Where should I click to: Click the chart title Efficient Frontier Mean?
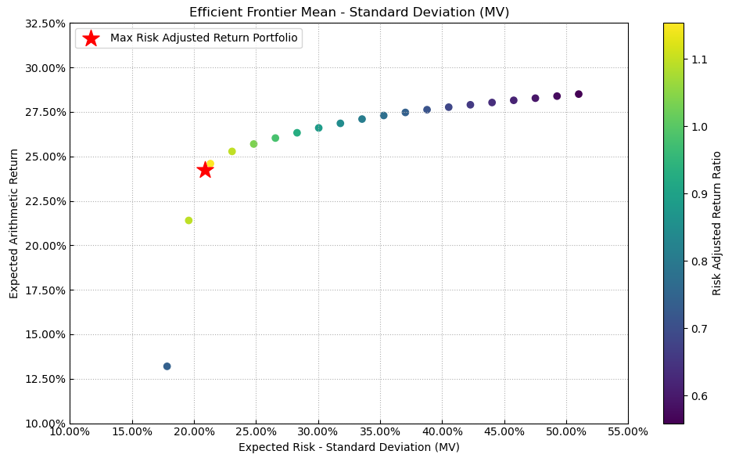pos(349,12)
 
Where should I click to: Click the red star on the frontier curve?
pos(205,170)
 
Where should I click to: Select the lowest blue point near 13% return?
pos(167,366)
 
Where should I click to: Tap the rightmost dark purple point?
pos(579,94)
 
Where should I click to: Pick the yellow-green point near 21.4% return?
pos(188,221)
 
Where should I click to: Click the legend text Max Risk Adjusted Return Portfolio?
pos(203,38)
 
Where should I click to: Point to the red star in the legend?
pos(91,38)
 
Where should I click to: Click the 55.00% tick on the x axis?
pos(627,431)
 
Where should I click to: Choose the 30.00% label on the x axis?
pos(318,431)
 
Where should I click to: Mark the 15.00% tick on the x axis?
pos(131,431)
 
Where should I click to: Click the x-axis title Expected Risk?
pos(349,447)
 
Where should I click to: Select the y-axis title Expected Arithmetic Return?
pos(14,223)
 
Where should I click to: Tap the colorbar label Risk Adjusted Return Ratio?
pos(717,223)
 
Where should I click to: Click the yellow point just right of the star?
pos(210,164)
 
